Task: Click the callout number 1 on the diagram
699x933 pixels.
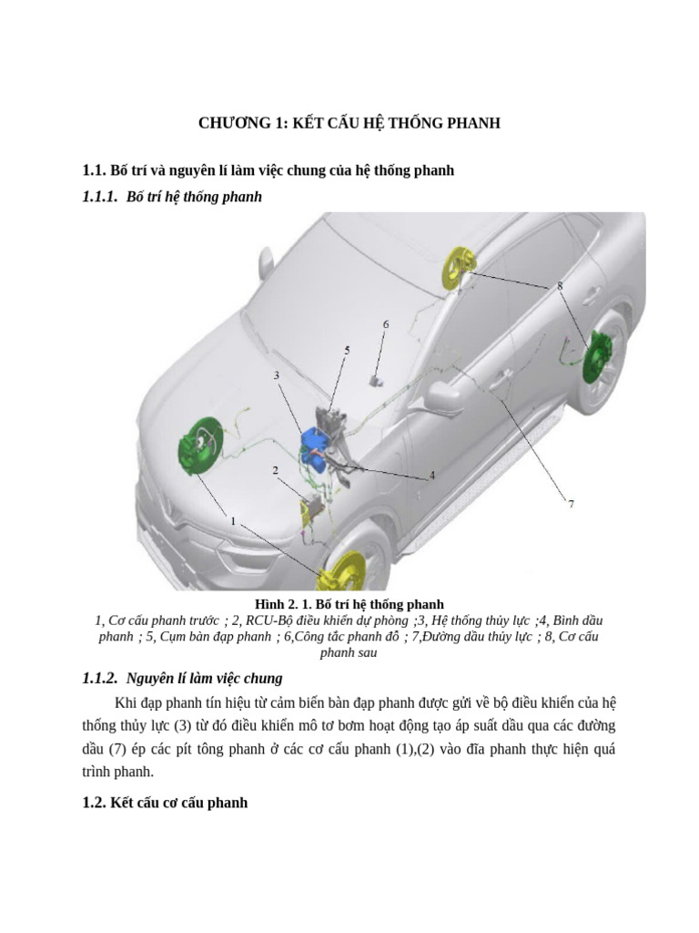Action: coord(233,521)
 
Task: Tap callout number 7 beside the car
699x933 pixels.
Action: coord(571,504)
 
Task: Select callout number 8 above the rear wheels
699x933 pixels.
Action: coord(560,286)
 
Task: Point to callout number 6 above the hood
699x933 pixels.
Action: coord(385,324)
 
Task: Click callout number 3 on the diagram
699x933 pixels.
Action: coord(276,374)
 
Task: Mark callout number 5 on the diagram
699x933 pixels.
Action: coord(347,350)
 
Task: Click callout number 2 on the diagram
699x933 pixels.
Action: coord(275,470)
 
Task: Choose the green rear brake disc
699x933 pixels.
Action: coord(595,354)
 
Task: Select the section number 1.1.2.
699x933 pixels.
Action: coord(100,678)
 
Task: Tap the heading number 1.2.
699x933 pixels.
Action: coord(94,803)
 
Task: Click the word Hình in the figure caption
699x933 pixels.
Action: coord(270,604)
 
